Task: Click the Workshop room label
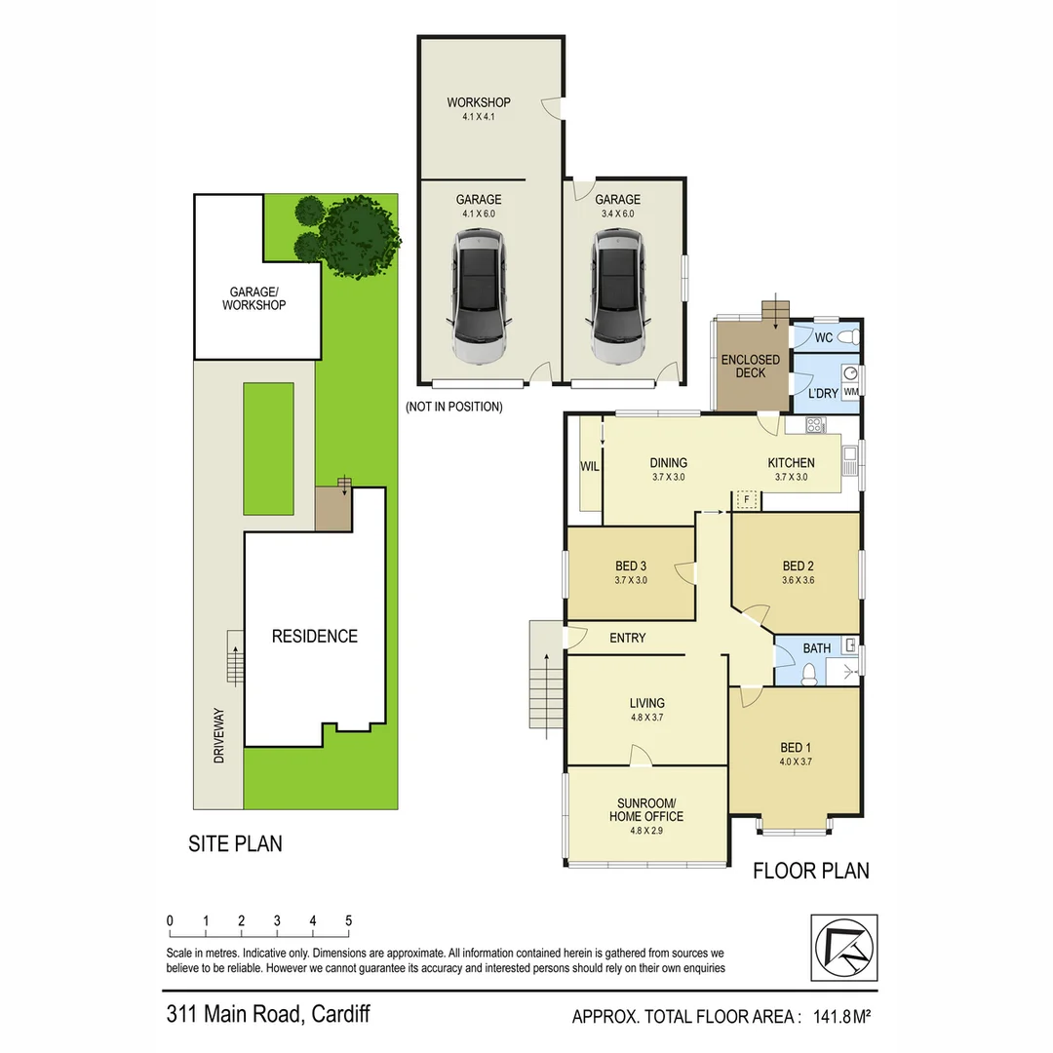tap(479, 102)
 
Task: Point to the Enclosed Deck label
tap(751, 366)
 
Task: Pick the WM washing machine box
tap(850, 392)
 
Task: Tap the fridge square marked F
tap(747, 499)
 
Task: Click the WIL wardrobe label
tap(589, 467)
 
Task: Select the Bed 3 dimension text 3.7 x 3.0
tap(631, 580)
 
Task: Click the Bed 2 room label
tap(798, 566)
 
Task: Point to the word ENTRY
tap(628, 639)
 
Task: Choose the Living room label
tap(647, 703)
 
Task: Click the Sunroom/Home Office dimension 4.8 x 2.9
tap(646, 831)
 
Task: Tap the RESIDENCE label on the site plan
tap(314, 637)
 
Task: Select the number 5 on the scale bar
tap(348, 920)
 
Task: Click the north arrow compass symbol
tap(843, 947)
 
